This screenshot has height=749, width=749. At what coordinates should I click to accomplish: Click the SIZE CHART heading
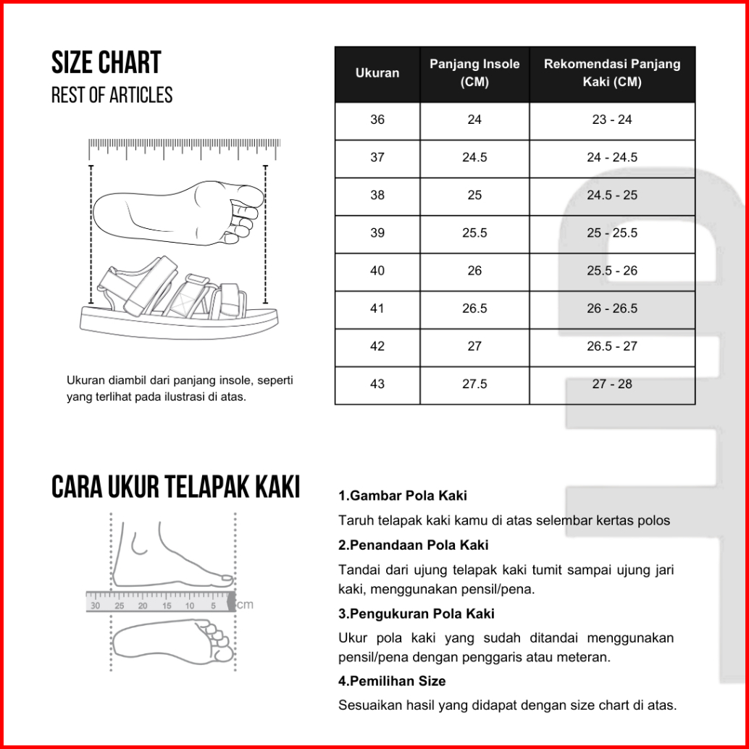[x=106, y=64]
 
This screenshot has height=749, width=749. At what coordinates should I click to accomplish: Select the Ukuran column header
[x=377, y=73]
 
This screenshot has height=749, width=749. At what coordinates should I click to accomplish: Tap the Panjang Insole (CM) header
[x=474, y=73]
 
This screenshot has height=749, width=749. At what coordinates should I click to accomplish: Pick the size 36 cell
[x=377, y=120]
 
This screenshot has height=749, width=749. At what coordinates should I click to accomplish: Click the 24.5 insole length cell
[x=474, y=157]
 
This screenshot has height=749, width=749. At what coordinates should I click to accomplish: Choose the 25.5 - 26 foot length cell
[x=612, y=271]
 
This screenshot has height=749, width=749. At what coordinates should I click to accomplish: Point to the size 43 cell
[x=377, y=384]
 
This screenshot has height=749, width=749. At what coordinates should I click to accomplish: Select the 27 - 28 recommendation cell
[x=612, y=384]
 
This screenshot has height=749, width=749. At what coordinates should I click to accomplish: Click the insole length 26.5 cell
[x=474, y=309]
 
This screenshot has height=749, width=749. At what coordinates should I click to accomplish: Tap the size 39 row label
[x=377, y=233]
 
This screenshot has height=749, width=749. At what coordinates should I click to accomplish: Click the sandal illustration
[x=178, y=297]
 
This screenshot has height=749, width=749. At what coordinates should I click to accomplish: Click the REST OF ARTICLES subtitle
[x=112, y=95]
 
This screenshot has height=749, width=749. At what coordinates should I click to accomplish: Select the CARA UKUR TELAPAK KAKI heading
[x=175, y=488]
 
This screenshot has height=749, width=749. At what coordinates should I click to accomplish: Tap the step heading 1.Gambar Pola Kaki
[x=403, y=496]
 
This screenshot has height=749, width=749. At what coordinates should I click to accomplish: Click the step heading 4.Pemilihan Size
[x=392, y=681]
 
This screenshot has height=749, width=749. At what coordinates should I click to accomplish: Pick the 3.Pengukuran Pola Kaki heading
[x=417, y=614]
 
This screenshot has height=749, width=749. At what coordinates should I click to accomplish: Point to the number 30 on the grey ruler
[x=96, y=606]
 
